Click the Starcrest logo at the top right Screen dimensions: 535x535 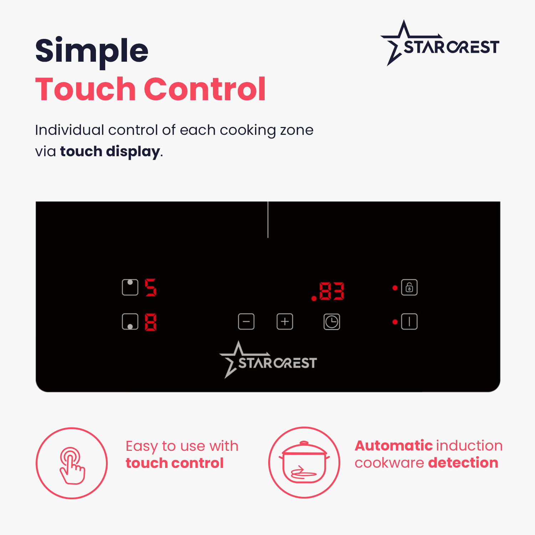point(440,43)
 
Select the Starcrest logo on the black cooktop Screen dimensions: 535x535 point(268,360)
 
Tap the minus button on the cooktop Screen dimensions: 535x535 point(246,322)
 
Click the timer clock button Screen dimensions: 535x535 point(332,322)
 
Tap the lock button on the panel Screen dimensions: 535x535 point(409,287)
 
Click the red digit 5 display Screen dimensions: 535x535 point(151,287)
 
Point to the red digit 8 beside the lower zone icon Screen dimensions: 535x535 point(151,322)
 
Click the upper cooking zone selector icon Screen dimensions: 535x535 point(130,287)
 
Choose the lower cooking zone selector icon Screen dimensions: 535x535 point(130,322)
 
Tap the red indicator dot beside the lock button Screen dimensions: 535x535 point(395,288)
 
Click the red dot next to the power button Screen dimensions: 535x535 point(395,322)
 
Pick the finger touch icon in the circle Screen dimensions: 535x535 point(72,465)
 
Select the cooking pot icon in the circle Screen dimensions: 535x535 point(304,463)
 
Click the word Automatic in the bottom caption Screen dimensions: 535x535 point(394,446)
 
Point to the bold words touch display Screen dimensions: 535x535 point(110,152)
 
